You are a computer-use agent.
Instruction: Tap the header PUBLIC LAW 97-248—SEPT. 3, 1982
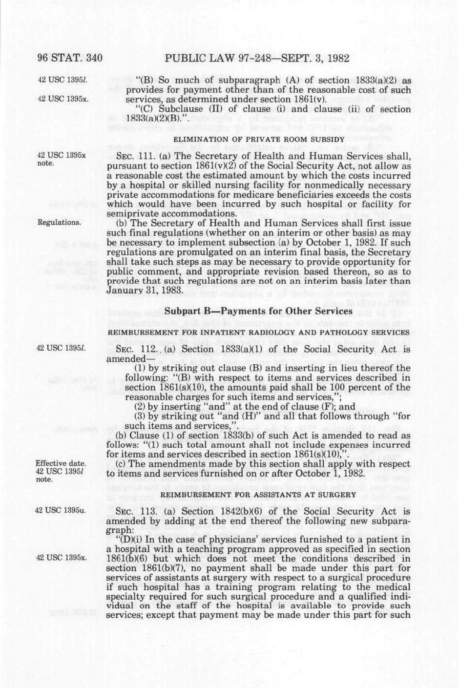[257, 59]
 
